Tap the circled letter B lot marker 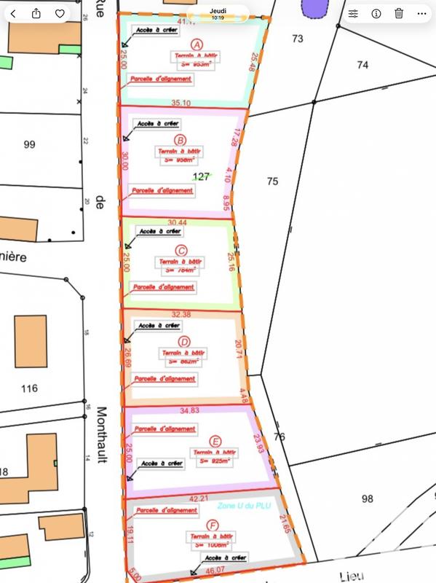(181, 140)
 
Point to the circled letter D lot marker (184, 342)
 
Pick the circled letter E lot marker (214, 441)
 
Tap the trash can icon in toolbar (399, 13)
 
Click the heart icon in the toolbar (60, 13)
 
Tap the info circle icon (376, 13)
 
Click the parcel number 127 (202, 176)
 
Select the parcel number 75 (272, 181)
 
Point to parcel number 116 (29, 388)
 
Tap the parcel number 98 (366, 498)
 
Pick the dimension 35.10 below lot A (181, 103)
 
